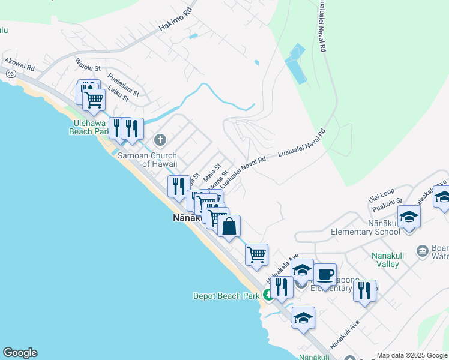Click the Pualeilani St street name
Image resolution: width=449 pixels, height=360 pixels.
pos(123,85)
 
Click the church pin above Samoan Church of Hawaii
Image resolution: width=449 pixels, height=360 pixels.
pos(160,140)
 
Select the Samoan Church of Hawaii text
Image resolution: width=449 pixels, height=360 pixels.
pos(147,160)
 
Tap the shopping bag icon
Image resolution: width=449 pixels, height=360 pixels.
pos(229,227)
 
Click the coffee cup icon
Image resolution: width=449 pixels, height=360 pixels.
pos(325,275)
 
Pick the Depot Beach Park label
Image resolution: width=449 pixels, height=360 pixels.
pos(226,295)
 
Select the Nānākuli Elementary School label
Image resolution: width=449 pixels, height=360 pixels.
pos(365,227)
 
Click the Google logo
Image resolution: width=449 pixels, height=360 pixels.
pos(20,353)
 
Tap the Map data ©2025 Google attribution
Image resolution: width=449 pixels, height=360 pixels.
pos(411,355)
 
